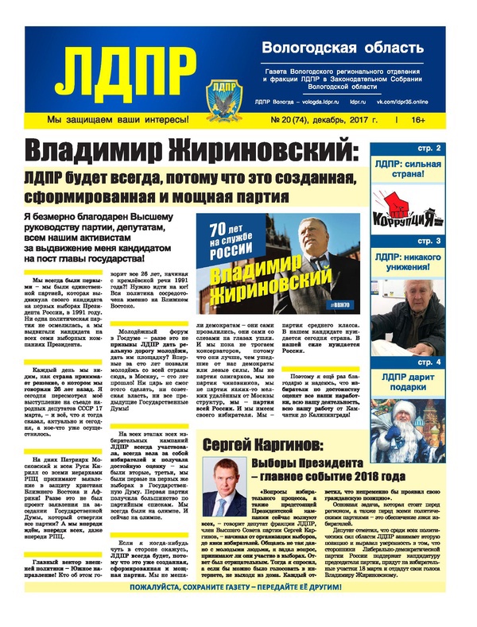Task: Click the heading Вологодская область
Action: [x=337, y=48]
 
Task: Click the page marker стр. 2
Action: [x=452, y=149]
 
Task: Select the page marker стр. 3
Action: [x=452, y=241]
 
